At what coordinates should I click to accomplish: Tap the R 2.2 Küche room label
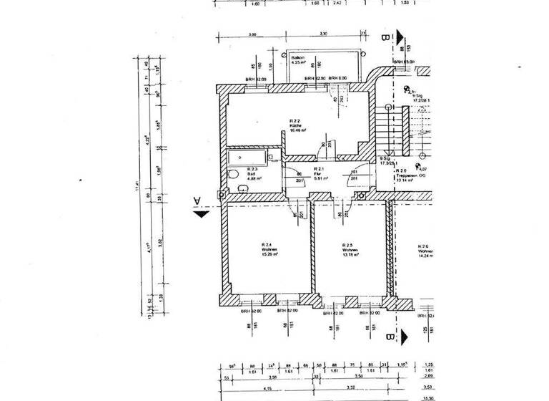(298, 124)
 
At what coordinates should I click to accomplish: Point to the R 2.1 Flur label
(319, 172)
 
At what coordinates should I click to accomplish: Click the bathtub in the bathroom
(247, 158)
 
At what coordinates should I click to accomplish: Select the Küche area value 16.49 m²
(298, 130)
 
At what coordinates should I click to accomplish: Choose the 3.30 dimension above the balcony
(323, 34)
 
